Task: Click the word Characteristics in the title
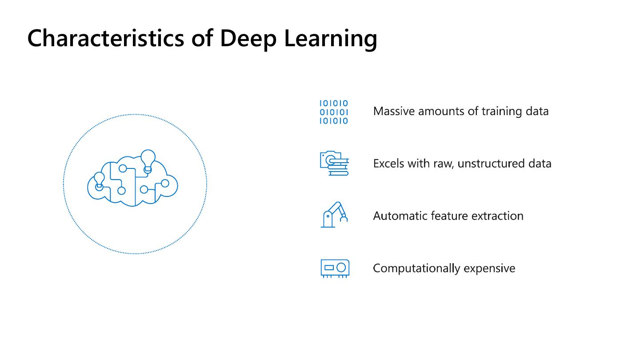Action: point(106,38)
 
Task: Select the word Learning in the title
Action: point(331,39)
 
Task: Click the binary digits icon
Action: point(334,112)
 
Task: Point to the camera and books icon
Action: point(334,164)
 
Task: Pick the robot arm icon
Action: point(334,215)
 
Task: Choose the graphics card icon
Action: point(335,268)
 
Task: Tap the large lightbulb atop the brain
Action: point(148,159)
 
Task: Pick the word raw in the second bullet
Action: point(442,164)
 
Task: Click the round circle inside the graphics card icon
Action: point(341,268)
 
